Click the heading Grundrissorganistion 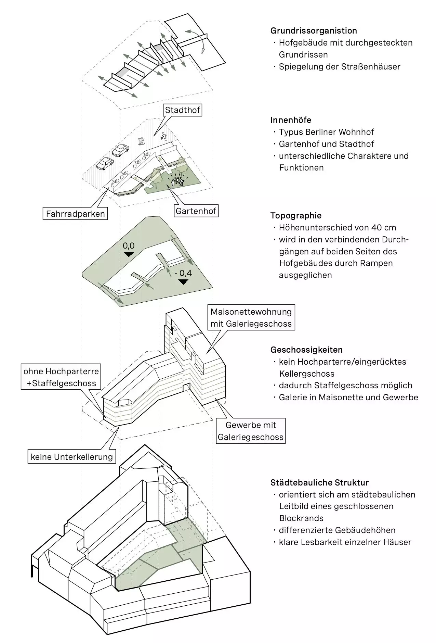pos(314,30)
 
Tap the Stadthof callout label pos(182,110)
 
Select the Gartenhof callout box pos(196,211)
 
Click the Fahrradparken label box pos(75,214)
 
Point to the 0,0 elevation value pos(129,245)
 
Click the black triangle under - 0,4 pos(183,282)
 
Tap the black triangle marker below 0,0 pos(129,254)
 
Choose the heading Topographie pos(296,216)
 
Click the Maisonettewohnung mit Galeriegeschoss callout pos(251,318)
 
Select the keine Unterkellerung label pos(72,457)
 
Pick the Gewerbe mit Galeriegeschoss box pos(251,431)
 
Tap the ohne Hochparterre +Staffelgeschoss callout pos(61,377)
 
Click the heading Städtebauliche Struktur pos(319,483)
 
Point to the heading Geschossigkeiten pos(306,350)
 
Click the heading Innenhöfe pos(291,120)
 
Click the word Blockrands pos(301,518)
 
